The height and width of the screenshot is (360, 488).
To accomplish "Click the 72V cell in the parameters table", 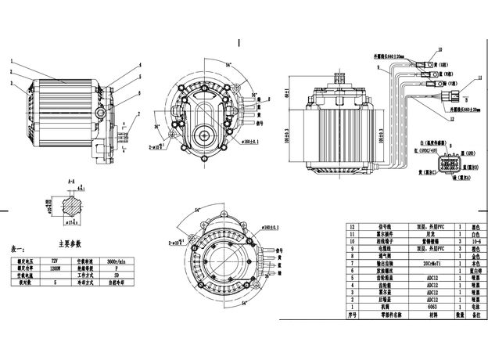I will [54, 257].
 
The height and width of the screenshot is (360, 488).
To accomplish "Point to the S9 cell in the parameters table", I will [117, 275].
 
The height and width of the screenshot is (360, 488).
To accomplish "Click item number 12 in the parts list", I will [353, 224].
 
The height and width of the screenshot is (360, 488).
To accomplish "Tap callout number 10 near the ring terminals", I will [440, 49].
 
